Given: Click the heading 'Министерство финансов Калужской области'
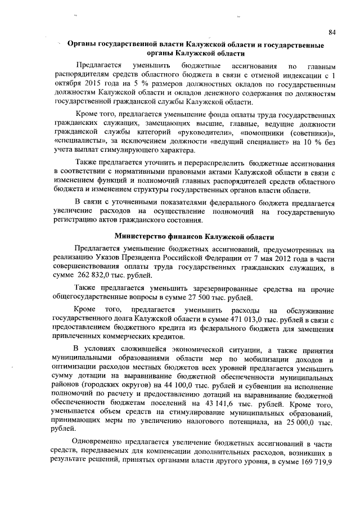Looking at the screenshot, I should click(x=195, y=237).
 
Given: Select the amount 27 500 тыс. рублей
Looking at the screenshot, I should click(x=215, y=298).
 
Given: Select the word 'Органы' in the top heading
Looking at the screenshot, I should click(x=80, y=44).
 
